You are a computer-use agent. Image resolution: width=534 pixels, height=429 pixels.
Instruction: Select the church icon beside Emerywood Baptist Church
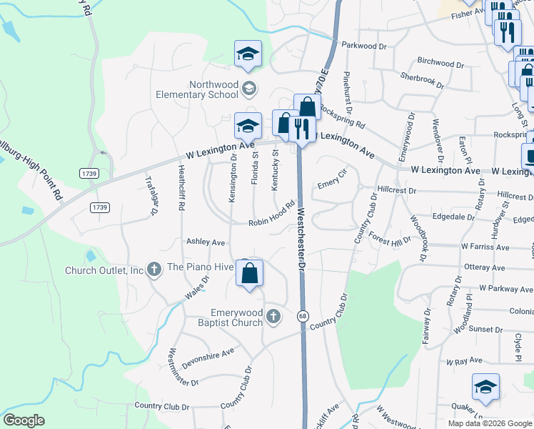[273, 316]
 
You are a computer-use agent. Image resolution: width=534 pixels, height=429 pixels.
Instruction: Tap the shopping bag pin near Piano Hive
[249, 275]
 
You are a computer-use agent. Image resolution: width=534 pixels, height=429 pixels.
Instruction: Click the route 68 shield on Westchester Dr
[303, 316]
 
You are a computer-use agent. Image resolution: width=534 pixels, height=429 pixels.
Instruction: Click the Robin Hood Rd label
[272, 214]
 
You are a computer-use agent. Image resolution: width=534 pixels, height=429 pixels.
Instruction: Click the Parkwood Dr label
[363, 46]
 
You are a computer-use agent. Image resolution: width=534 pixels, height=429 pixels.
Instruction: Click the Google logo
[24, 420]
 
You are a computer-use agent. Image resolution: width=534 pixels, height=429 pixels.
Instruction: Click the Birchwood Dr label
[440, 63]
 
